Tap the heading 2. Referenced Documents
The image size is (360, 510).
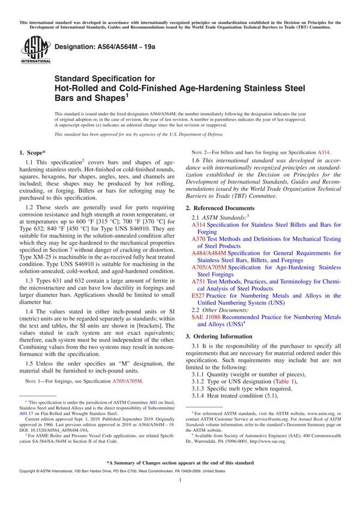224,207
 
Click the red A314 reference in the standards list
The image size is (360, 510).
199,224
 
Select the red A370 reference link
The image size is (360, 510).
199,239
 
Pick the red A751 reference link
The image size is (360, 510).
199,282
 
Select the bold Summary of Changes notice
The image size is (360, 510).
180,464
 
